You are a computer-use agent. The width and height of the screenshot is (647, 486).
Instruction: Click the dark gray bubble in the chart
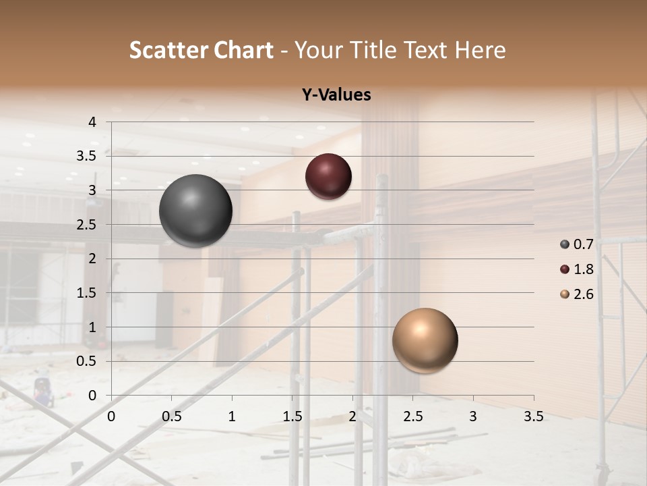[196, 211]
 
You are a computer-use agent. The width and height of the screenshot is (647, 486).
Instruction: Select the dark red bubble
[328, 176]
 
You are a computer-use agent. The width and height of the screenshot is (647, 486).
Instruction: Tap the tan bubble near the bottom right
[425, 340]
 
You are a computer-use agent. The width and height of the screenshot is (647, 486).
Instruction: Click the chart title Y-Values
[336, 95]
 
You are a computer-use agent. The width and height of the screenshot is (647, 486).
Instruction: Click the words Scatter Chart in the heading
[201, 50]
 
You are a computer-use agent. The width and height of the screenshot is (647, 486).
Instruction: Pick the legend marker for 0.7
[565, 244]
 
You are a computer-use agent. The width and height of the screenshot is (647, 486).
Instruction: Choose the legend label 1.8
[583, 269]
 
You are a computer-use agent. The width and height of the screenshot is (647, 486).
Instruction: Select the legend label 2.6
[583, 294]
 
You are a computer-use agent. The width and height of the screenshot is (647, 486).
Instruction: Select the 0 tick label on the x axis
[111, 416]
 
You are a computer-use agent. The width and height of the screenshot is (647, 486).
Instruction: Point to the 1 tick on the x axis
[232, 416]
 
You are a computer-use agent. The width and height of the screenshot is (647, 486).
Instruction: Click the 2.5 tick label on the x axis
[412, 416]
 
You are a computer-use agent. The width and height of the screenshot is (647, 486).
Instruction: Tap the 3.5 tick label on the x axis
[533, 416]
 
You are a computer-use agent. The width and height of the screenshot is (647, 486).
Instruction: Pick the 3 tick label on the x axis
[473, 416]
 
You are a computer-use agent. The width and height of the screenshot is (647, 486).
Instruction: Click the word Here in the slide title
[480, 50]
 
